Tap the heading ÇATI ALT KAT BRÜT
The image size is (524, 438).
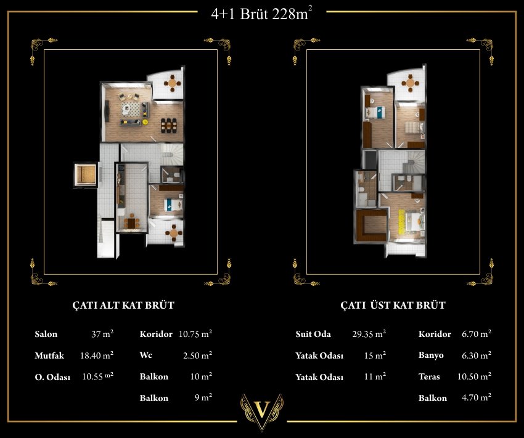pos(123,305)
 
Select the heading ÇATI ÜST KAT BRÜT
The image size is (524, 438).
pos(393,305)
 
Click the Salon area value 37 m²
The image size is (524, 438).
pos(102,333)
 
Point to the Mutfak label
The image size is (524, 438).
pos(49,355)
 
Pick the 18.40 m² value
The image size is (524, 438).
pos(97,355)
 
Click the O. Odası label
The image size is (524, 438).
pos(52,377)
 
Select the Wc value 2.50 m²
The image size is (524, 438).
pos(197,355)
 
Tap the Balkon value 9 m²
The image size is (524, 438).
pos(203,397)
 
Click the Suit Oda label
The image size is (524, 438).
pos(313,334)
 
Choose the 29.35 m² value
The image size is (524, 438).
pos(369,333)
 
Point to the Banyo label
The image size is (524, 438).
pos(431,355)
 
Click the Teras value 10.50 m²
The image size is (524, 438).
pos(474,376)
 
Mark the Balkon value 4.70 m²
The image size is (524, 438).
pos(477,397)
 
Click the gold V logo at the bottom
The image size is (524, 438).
pos(262,410)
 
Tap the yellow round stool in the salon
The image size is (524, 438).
pos(145,122)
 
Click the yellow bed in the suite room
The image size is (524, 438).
pos(414,221)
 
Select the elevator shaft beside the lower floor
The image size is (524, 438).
pos(85,174)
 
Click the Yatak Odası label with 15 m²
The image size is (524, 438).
pos(319,355)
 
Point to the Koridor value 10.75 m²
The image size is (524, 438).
pos(195,333)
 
